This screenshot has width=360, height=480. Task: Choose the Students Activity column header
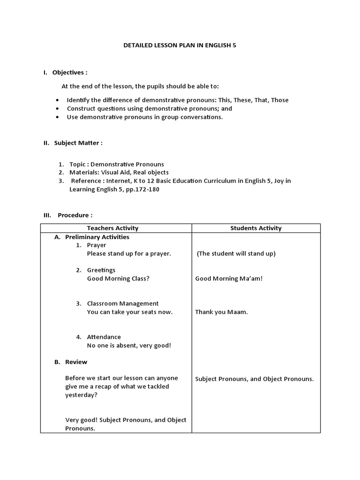click(x=256, y=228)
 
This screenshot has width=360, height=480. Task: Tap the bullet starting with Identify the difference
click(x=177, y=100)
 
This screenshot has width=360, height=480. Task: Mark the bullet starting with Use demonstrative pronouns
click(x=144, y=117)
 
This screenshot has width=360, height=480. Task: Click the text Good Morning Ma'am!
click(x=229, y=278)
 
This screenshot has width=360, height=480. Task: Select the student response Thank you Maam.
click(x=221, y=312)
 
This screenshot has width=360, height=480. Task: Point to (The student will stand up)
click(x=236, y=254)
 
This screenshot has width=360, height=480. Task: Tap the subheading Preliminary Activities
click(x=97, y=237)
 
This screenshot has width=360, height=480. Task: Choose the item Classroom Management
click(x=123, y=303)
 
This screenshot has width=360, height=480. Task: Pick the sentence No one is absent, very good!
click(x=129, y=345)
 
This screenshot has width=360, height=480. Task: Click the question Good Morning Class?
click(x=118, y=278)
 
